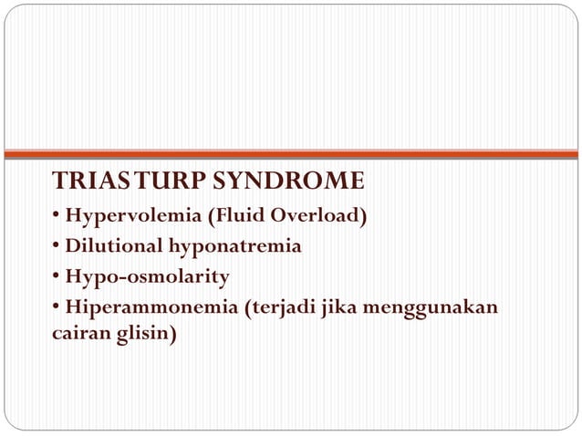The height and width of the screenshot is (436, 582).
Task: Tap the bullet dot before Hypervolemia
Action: click(x=57, y=216)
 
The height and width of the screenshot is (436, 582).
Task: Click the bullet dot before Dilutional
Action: click(x=57, y=246)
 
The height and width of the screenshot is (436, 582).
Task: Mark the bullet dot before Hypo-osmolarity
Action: click(x=57, y=276)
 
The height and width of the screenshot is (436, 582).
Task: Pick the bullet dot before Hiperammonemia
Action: click(x=57, y=306)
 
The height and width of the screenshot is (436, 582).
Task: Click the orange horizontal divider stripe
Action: click(x=291, y=154)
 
